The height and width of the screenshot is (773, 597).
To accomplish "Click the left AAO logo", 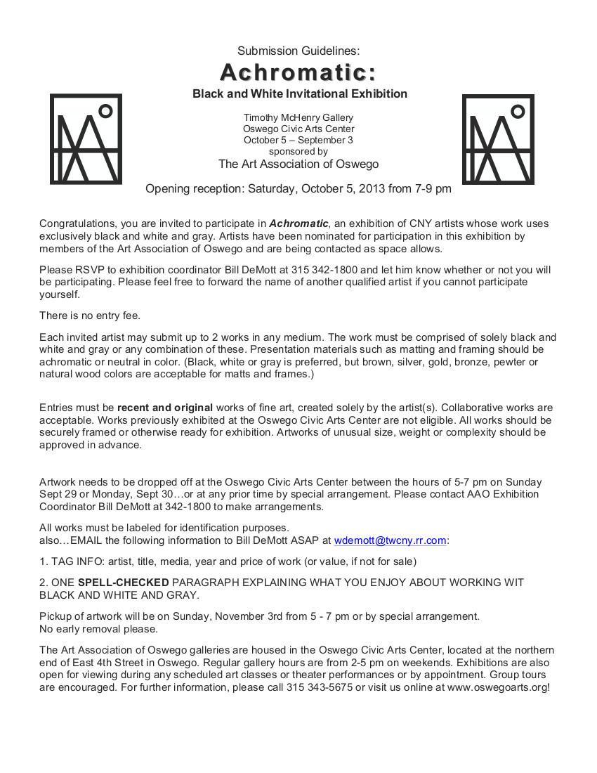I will tap(86, 139).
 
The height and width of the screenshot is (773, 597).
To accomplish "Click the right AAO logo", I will tap(498, 139).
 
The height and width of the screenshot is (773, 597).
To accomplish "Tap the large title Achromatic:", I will tap(298, 72).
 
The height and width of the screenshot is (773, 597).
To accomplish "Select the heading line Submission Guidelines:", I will tap(298, 51).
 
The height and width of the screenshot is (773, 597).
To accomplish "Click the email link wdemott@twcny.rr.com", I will tap(390, 540).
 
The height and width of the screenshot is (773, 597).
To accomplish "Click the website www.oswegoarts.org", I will tap(497, 687).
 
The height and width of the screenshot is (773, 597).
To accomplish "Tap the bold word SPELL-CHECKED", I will tap(123, 583).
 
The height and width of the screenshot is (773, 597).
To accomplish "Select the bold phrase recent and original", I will tap(165, 408).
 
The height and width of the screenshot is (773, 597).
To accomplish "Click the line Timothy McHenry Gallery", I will tap(298, 117).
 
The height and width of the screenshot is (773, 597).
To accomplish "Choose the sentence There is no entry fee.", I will tap(90, 316).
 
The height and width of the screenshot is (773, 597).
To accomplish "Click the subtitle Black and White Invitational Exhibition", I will tap(300, 93).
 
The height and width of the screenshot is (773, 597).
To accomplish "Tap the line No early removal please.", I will tap(98, 629).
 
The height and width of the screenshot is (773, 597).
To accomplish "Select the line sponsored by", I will tap(298, 151).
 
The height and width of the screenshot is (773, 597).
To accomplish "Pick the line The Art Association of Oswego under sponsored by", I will tap(298, 164).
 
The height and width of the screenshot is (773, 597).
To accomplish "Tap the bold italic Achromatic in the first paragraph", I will tap(298, 223).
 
